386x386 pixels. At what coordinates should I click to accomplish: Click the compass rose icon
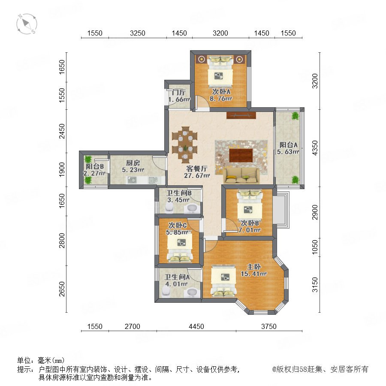[27, 24]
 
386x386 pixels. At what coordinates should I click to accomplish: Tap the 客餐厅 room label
[197, 169]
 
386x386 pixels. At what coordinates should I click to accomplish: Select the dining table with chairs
[184, 145]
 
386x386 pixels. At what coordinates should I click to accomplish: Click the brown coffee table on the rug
[241, 155]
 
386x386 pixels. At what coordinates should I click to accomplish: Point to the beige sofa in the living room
[241, 176]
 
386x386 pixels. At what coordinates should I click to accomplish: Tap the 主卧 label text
[254, 267]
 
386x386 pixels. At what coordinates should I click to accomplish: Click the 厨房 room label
[133, 163]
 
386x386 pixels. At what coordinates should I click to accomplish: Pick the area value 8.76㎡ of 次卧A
[221, 99]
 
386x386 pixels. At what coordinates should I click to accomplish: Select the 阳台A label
[288, 145]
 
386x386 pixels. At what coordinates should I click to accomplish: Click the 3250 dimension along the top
[138, 33]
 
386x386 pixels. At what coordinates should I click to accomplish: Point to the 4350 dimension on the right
[315, 148]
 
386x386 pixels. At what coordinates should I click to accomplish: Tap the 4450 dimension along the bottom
[196, 326]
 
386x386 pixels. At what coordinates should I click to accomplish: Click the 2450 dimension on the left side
[62, 131]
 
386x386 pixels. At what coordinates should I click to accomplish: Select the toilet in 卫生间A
[166, 292]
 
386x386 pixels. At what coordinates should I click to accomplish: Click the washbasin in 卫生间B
[192, 208]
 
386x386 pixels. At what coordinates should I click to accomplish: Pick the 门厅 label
[179, 93]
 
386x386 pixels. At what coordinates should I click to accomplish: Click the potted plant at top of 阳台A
[295, 116]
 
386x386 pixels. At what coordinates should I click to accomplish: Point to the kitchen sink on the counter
[132, 180]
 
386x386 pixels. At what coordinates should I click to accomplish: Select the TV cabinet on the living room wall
[241, 115]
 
